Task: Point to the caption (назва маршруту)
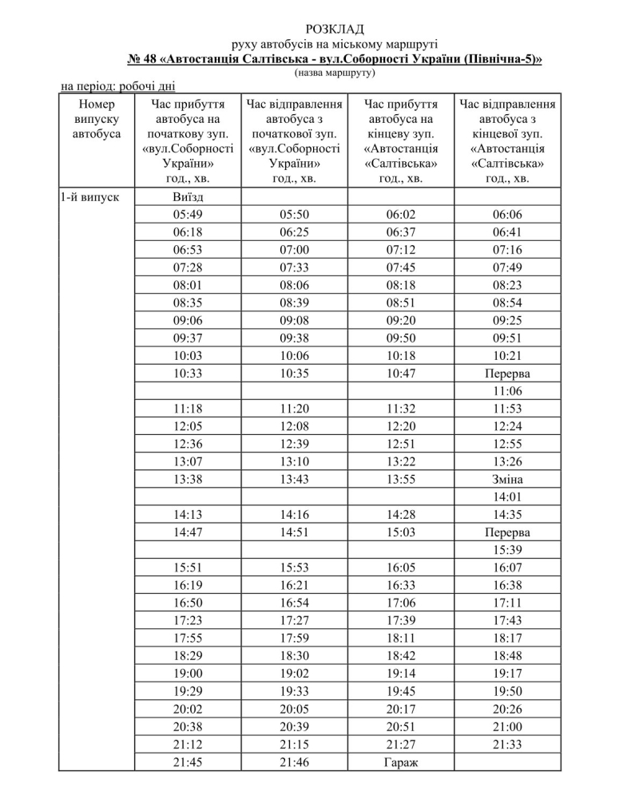335,73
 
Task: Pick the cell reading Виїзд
189,196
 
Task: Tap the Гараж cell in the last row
402,761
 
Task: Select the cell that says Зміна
508,479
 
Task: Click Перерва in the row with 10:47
508,373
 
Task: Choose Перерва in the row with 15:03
508,532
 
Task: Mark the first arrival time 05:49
189,214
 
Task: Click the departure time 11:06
508,390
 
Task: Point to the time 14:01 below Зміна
508,496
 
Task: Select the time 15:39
508,549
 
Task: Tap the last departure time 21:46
295,761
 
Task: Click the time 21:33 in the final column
508,744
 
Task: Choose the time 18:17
508,638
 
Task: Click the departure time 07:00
295,249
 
